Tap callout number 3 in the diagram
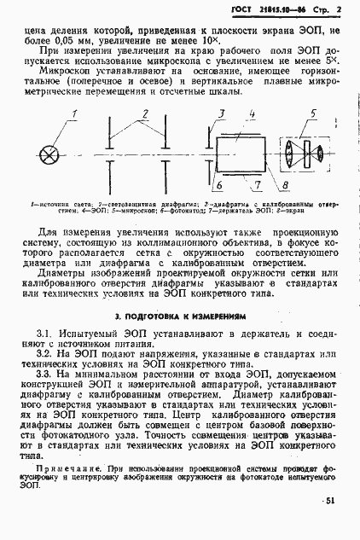(x=220, y=113)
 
